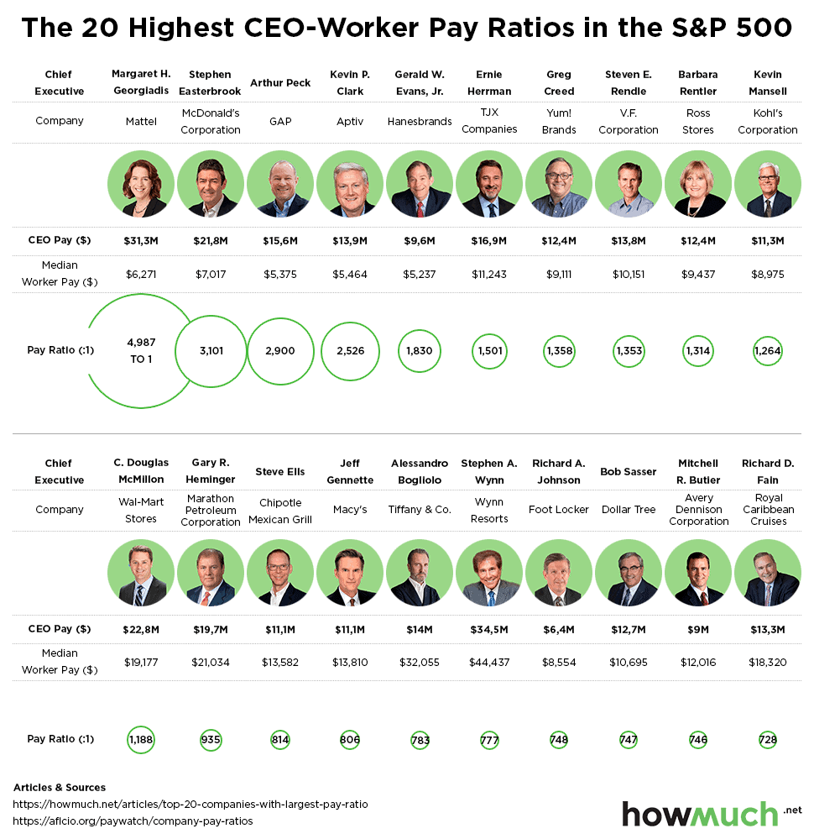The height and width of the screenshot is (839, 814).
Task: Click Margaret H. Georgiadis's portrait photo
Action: click(141, 185)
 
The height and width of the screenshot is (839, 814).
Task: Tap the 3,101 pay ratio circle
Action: click(211, 351)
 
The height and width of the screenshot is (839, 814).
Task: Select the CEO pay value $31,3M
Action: click(141, 241)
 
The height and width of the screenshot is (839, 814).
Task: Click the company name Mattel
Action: click(141, 121)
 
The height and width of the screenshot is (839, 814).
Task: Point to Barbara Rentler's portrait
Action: click(697, 185)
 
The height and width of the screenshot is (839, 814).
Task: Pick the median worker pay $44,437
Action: click(489, 662)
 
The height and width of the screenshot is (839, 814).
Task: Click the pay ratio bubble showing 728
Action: click(767, 740)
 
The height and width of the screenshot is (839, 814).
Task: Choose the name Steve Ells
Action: click(280, 472)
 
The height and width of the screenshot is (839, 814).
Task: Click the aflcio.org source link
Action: click(133, 821)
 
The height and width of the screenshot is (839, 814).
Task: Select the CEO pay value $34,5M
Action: click(489, 629)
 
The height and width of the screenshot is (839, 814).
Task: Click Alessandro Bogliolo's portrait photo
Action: click(420, 574)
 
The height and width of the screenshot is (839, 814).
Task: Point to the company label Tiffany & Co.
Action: click(420, 510)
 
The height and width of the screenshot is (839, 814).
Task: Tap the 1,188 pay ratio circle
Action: click(141, 740)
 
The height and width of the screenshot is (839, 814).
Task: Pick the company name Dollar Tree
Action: click(629, 510)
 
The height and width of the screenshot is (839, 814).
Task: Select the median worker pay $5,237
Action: click(420, 274)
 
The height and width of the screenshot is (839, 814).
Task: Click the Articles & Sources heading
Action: click(60, 788)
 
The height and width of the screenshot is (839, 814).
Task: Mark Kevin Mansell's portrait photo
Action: click(767, 185)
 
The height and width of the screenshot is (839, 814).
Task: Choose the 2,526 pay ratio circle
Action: click(350, 351)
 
